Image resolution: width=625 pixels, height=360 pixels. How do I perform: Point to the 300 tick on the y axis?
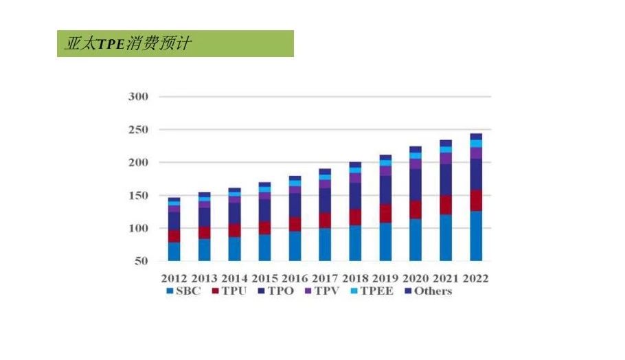click(x=138, y=97)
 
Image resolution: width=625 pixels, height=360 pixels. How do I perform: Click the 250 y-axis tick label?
click(x=138, y=130)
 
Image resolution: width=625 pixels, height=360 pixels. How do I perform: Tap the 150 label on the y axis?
click(x=138, y=196)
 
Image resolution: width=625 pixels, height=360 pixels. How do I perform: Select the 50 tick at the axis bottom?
click(x=141, y=261)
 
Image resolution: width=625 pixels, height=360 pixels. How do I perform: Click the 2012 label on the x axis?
click(x=174, y=279)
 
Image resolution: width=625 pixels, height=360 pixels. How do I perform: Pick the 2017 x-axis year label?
click(x=325, y=279)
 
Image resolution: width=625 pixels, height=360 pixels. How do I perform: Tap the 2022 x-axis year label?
click(x=475, y=279)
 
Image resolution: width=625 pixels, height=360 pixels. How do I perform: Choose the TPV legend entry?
click(x=323, y=291)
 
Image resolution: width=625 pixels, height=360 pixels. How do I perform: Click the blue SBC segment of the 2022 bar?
click(x=475, y=236)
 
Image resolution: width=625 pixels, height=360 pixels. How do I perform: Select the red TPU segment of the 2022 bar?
click(x=475, y=201)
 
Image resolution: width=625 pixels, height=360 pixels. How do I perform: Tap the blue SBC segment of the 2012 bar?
click(x=174, y=251)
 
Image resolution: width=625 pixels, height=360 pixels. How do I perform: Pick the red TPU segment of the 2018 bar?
click(x=355, y=217)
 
